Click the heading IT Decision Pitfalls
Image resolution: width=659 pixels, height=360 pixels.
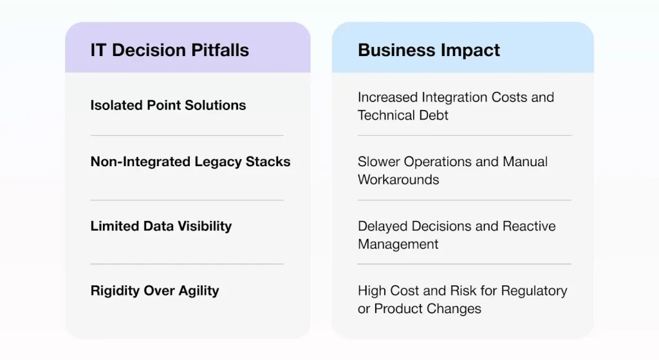169,50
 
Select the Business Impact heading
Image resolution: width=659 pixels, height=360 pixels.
429,50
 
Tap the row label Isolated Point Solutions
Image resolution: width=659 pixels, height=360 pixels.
168,105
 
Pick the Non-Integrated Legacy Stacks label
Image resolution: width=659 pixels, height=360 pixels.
190,162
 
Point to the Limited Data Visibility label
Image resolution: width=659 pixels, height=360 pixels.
161,226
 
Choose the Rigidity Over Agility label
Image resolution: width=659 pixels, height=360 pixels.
154,290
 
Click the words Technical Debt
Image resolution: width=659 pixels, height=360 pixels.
403,115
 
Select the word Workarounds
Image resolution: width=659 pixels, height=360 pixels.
398,180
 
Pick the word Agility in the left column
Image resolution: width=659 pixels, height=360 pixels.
199,290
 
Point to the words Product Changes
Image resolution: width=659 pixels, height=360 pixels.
428,308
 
